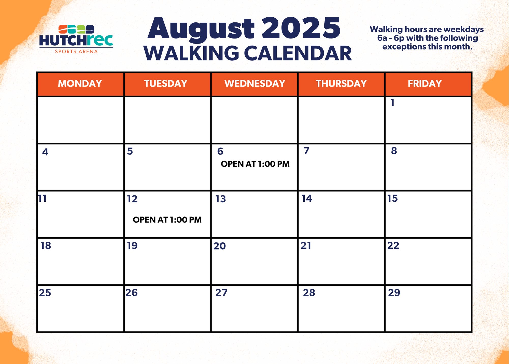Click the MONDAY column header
80,84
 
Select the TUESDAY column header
166,84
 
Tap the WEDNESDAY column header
255,84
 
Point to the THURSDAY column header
341,84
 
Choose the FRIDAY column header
425,84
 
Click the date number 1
392,103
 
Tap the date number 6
220,151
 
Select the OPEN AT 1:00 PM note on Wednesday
255,164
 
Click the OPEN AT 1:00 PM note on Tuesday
167,220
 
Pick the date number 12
132,199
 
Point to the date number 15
393,199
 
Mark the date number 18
46,246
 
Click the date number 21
306,246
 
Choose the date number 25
45,293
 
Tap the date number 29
394,293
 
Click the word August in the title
201,29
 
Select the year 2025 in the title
301,28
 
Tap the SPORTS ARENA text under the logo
76,51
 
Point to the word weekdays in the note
463,30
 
